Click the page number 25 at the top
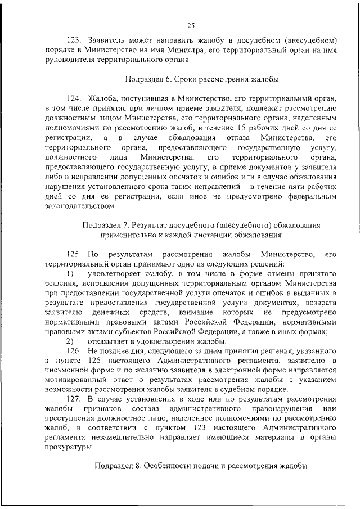(191, 25)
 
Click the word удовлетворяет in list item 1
(116, 273)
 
